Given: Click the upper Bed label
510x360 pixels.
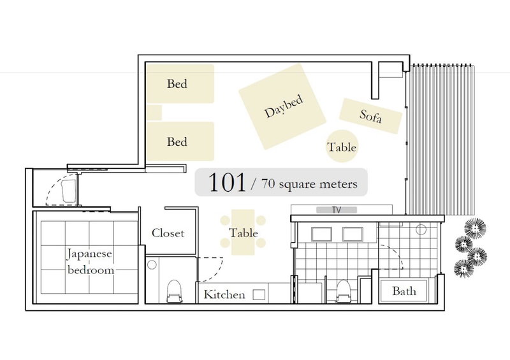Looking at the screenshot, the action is (x=177, y=83).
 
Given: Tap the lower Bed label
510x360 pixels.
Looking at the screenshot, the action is (x=177, y=142).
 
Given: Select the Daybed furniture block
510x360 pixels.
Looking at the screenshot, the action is (x=282, y=106).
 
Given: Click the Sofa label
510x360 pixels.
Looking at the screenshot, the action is (x=370, y=116).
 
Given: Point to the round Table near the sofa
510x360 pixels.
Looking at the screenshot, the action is (x=342, y=146).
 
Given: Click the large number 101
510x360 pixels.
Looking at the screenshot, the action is (x=227, y=182).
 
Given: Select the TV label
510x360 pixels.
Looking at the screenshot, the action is (x=337, y=210).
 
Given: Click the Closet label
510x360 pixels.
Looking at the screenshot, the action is (x=168, y=233).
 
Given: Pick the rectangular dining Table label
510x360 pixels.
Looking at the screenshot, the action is (x=244, y=233).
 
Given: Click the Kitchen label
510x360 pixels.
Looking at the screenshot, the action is (x=224, y=294).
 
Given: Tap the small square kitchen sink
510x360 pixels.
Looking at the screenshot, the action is (x=259, y=295).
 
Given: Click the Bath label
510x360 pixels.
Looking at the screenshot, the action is (x=404, y=291).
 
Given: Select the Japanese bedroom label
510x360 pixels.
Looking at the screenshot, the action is (x=90, y=262).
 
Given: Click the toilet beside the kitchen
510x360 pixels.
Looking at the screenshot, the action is (x=174, y=291).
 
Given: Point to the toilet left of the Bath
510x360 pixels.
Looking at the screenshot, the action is (x=344, y=291).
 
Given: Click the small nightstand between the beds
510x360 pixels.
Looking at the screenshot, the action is (x=154, y=113).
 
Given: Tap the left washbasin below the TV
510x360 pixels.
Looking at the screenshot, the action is (x=322, y=234).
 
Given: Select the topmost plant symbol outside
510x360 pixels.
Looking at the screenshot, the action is (x=475, y=229).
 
